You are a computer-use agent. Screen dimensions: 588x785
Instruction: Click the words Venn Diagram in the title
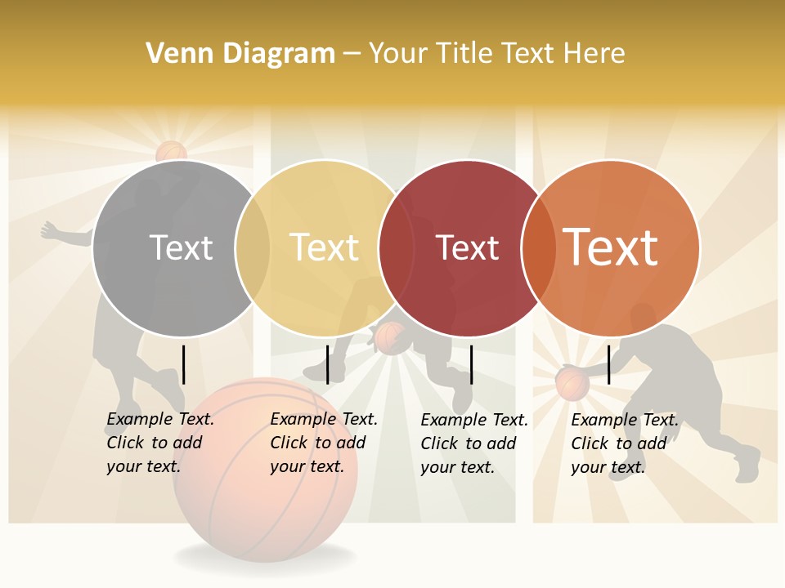pyautogui.click(x=240, y=54)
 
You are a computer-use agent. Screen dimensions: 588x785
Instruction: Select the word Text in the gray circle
pyautogui.click(x=181, y=247)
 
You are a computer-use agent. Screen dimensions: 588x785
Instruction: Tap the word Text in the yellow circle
pyautogui.click(x=325, y=247)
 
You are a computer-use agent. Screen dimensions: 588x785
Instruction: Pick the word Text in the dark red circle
pyautogui.click(x=468, y=248)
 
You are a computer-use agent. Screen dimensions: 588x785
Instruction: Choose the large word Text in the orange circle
pyautogui.click(x=611, y=247)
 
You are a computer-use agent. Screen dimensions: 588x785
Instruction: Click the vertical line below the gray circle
pyautogui.click(x=183, y=364)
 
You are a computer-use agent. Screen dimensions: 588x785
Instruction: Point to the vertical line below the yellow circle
pyautogui.click(x=327, y=364)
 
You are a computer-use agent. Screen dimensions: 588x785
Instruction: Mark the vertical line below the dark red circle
pyautogui.click(x=471, y=364)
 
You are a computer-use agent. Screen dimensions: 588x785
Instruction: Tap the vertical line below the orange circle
pyautogui.click(x=609, y=364)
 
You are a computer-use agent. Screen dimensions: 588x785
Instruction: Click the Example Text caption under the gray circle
pyautogui.click(x=160, y=443)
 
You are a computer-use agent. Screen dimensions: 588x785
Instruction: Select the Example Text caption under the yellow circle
pyautogui.click(x=324, y=443)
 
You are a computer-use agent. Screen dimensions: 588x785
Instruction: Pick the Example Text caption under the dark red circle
pyautogui.click(x=474, y=443)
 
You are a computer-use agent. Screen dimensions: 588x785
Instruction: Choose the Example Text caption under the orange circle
pyautogui.click(x=625, y=443)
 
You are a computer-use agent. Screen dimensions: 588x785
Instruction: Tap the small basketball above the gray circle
pyautogui.click(x=171, y=151)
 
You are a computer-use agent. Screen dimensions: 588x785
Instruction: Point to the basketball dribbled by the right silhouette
pyautogui.click(x=572, y=383)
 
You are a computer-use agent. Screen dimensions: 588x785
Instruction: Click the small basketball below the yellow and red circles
pyautogui.click(x=390, y=336)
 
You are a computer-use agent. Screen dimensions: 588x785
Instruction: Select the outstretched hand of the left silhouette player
pyautogui.click(x=51, y=230)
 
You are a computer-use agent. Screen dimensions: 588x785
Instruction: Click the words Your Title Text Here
pyautogui.click(x=496, y=54)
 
